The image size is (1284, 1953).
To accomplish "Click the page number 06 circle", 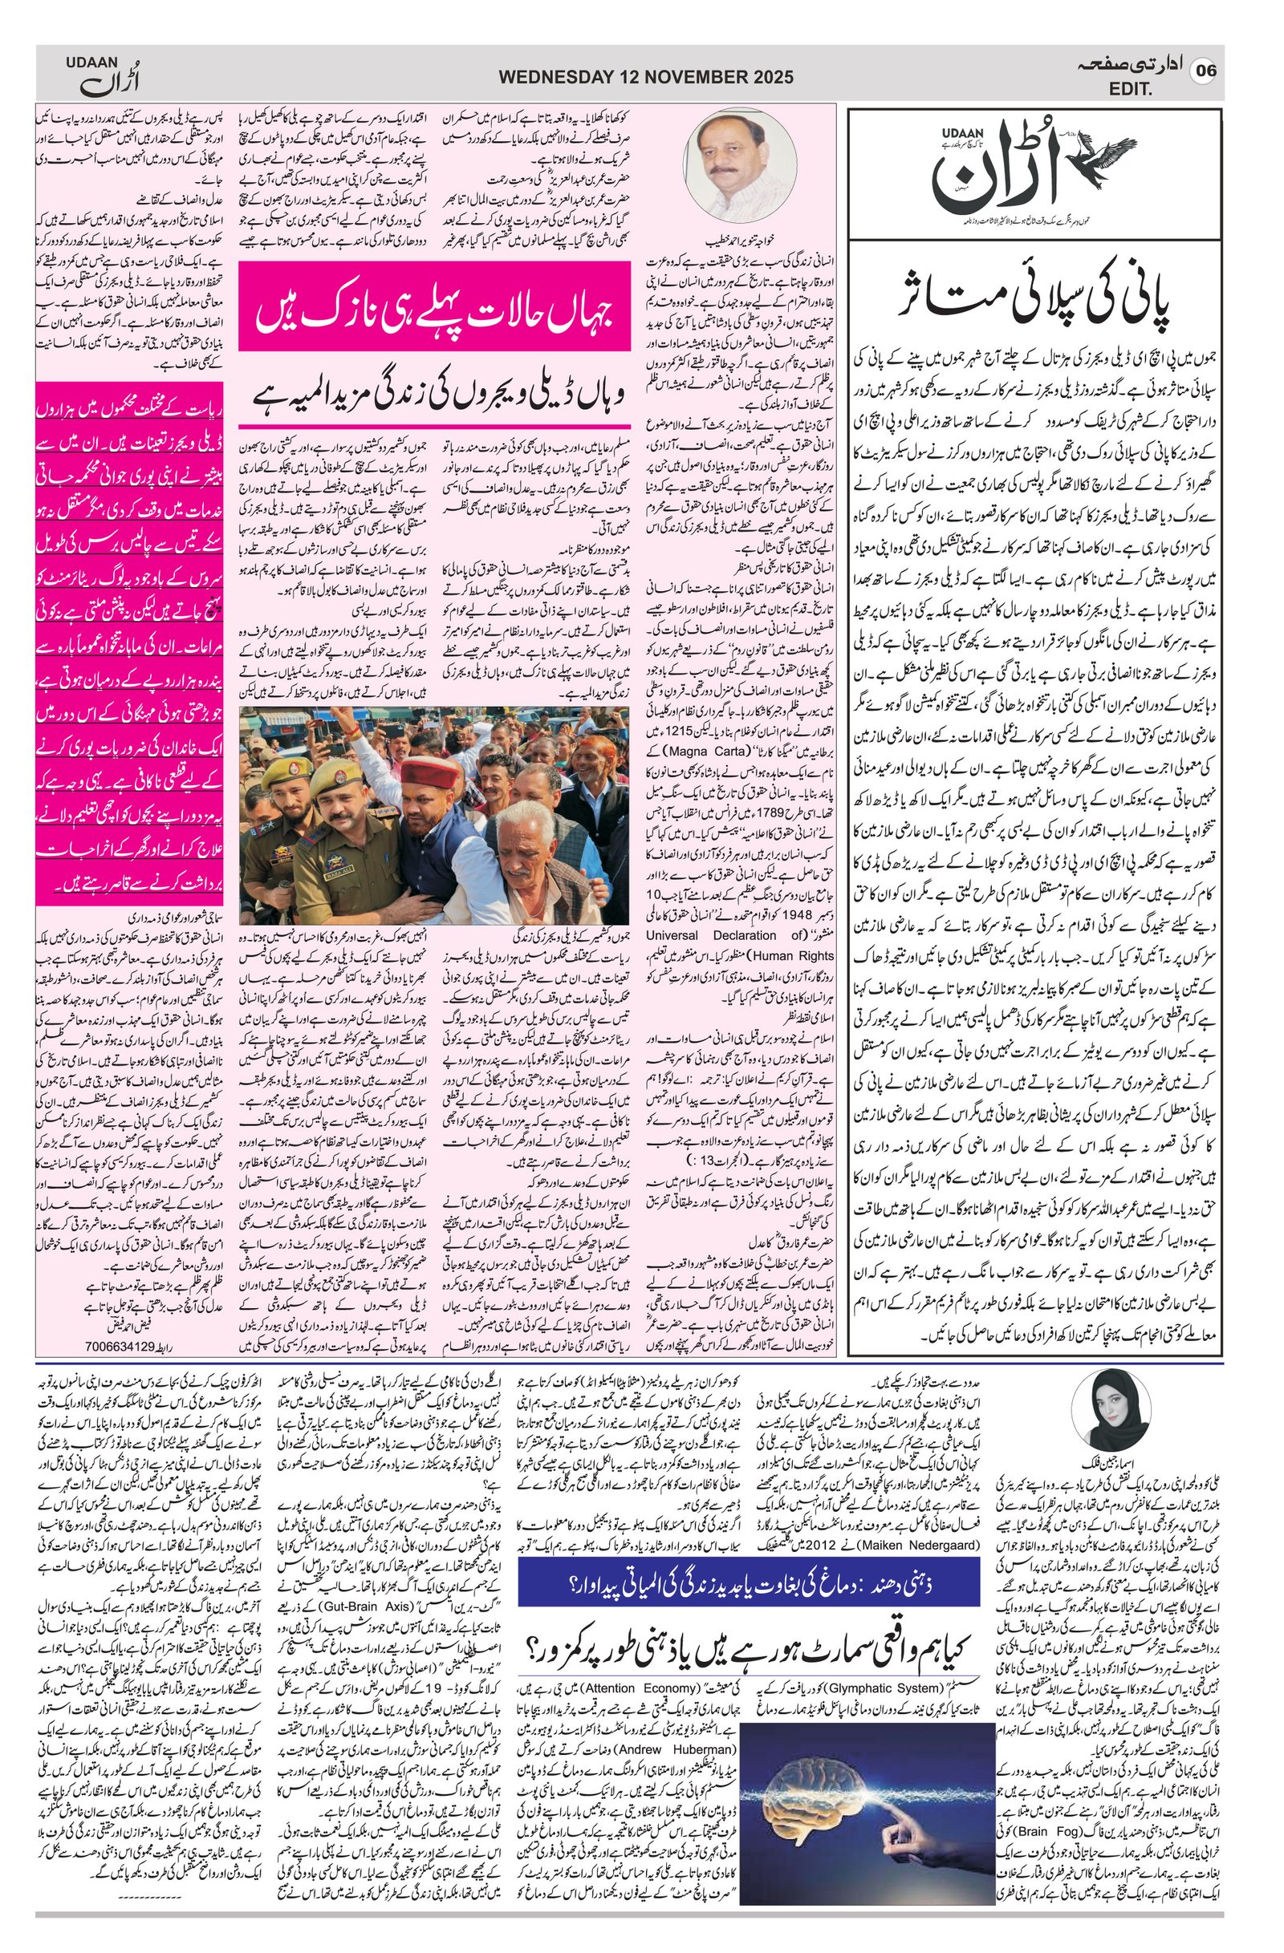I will click(x=1205, y=71).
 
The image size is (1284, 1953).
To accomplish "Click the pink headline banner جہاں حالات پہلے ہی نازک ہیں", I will click(x=434, y=307).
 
